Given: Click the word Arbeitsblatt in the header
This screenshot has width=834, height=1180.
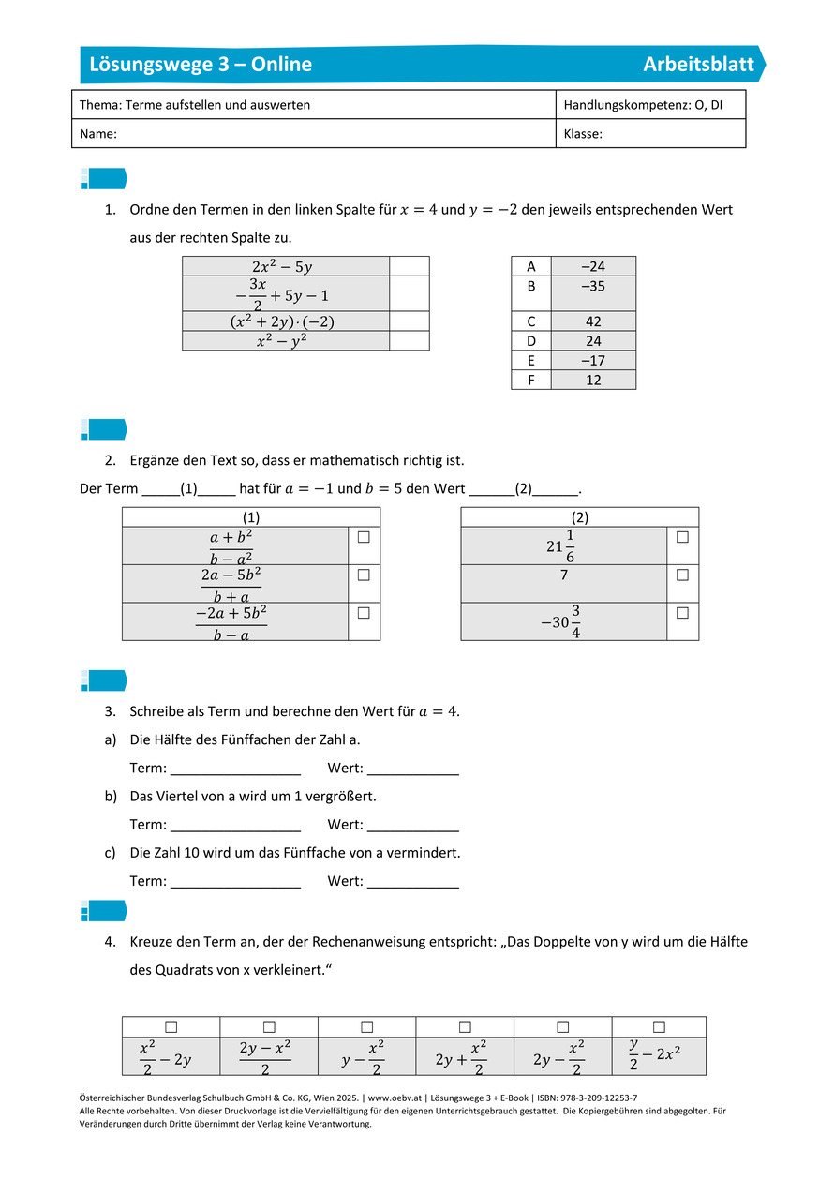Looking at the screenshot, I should (698, 65).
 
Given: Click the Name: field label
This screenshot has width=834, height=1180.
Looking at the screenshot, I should (98, 134).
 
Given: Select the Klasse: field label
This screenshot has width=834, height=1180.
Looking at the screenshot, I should (583, 134).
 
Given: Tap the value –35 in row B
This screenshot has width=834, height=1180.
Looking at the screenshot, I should (593, 287).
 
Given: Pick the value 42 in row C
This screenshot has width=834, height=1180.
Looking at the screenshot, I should (593, 321).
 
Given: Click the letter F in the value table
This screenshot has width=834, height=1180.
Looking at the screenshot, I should (531, 380).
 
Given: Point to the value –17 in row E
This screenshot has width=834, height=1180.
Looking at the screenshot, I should (593, 361).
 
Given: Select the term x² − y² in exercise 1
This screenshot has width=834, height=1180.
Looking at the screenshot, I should (285, 341).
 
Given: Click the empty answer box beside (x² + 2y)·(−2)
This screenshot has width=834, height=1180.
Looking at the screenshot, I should (409, 321).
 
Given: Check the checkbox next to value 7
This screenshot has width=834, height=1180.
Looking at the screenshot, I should (682, 575).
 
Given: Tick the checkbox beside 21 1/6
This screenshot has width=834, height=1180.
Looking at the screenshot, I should (682, 537).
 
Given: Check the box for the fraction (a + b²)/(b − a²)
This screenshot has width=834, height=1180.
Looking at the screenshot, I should (364, 537).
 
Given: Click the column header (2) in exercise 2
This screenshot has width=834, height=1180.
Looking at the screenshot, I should (579, 516).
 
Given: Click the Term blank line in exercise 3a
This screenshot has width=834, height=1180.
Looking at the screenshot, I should (235, 769).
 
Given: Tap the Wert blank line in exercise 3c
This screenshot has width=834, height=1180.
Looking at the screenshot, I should (413, 882).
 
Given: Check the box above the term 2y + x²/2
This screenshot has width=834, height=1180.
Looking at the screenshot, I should (465, 1027).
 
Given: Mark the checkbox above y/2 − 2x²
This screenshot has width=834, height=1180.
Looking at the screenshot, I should (659, 1027).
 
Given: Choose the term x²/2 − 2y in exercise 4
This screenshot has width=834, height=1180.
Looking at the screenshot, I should (165, 1057).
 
